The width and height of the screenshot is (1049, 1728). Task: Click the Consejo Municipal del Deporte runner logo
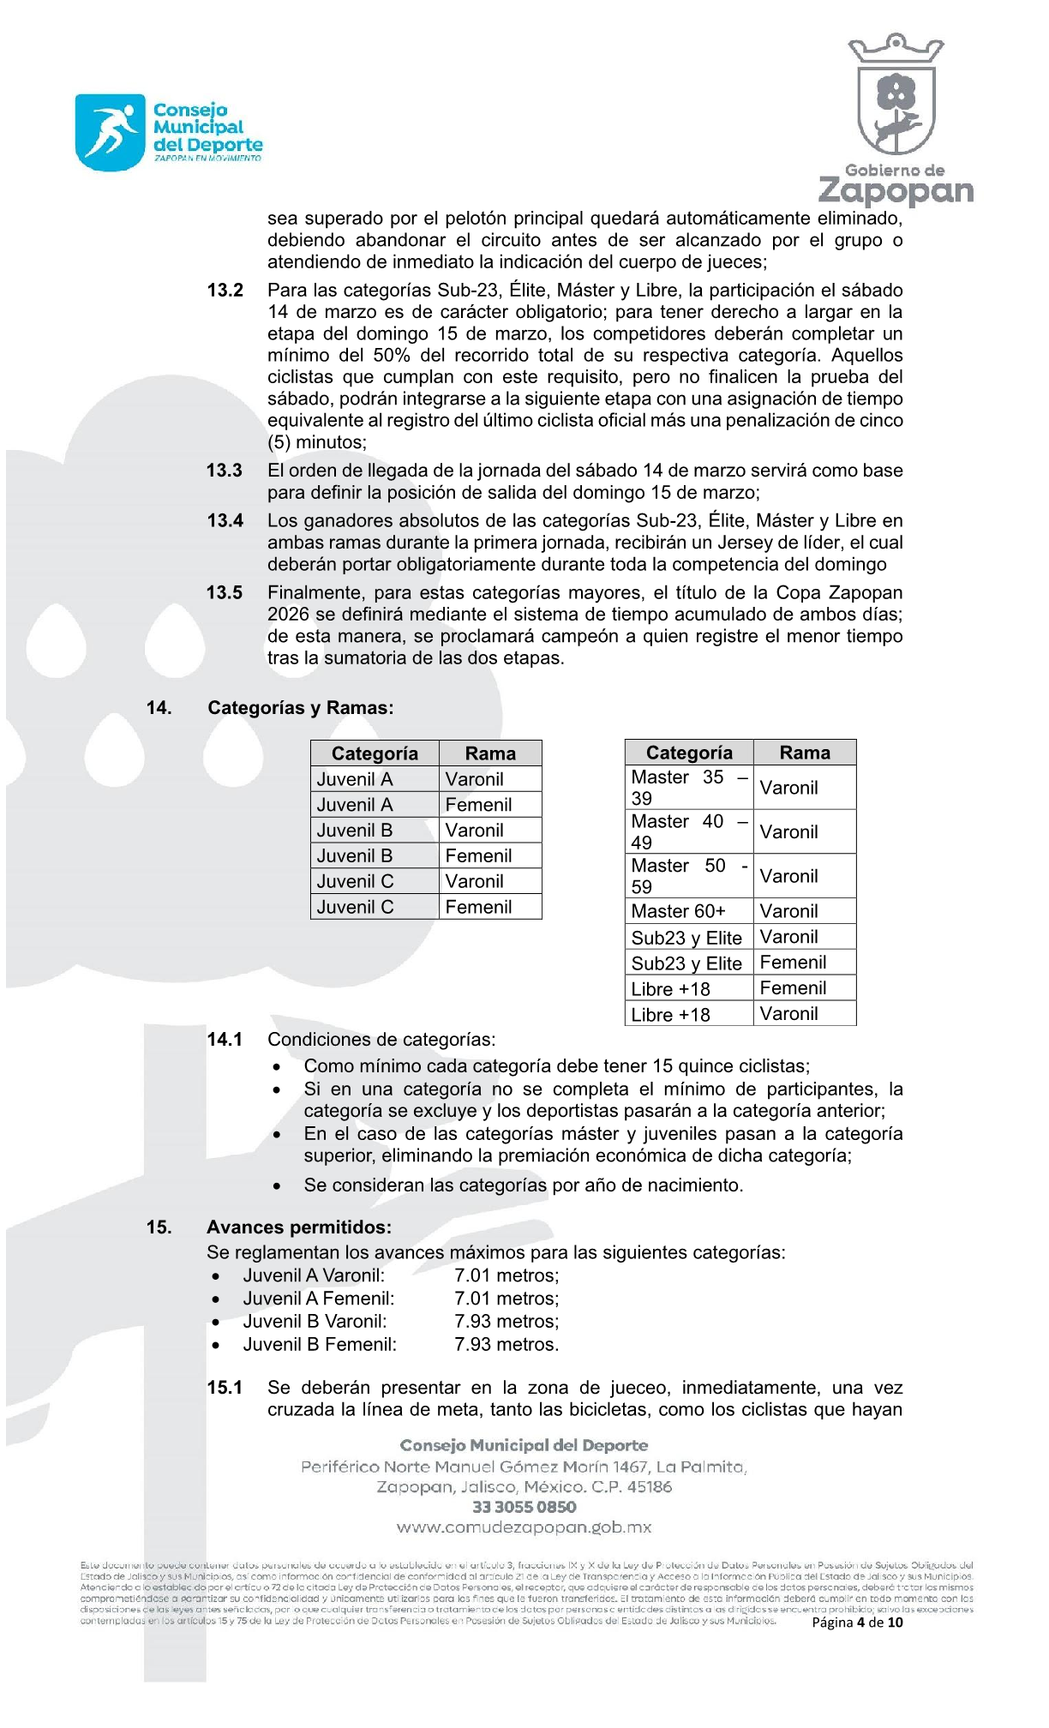coord(110,133)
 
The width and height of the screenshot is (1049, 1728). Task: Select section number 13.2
coord(225,291)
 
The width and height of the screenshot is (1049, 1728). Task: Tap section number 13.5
coord(225,593)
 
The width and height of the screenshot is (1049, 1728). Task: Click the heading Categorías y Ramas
coord(300,708)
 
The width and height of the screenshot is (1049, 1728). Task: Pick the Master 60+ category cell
coord(678,911)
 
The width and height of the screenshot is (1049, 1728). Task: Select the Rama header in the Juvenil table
coord(490,753)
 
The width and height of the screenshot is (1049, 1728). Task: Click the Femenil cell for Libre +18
coord(793,988)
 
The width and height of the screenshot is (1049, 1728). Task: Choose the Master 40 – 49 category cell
coord(689,831)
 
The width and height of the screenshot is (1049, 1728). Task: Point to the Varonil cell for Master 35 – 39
coord(788,788)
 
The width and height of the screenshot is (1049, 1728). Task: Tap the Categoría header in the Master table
coord(689,753)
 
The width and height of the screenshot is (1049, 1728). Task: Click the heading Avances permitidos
coord(298,1227)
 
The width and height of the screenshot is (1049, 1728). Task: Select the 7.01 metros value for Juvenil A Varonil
coord(507,1275)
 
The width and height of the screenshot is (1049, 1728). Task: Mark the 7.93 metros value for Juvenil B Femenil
coord(507,1345)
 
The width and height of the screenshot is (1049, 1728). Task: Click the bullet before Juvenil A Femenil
coord(216,1299)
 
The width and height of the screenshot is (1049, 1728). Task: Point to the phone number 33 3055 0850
coord(524,1507)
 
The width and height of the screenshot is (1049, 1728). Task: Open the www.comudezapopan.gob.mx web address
coord(524,1527)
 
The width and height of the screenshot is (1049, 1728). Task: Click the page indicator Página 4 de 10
coord(857,1622)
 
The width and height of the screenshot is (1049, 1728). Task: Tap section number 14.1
coord(225,1040)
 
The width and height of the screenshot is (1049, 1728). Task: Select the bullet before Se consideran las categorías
coord(277,1186)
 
